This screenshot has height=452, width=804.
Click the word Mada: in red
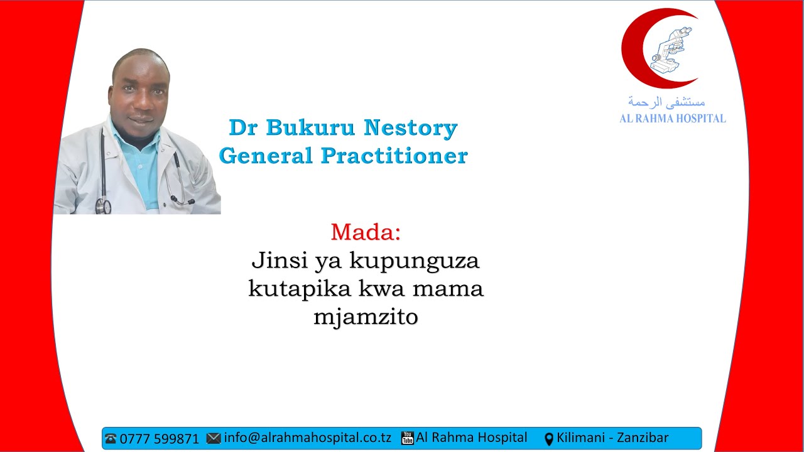point(366,232)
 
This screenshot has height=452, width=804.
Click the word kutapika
point(292,289)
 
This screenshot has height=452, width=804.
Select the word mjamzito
point(366,318)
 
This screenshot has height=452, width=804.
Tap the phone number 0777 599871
point(159,438)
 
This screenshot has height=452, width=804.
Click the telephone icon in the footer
point(111,438)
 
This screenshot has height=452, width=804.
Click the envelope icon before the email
point(214,438)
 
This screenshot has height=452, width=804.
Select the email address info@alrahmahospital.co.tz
point(307,438)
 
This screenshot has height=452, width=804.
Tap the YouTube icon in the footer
point(408,438)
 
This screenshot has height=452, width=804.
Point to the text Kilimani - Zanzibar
point(612,438)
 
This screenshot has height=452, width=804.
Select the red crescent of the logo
point(632,50)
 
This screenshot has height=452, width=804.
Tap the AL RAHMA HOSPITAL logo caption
point(672,118)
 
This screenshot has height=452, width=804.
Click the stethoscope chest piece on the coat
point(103,205)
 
